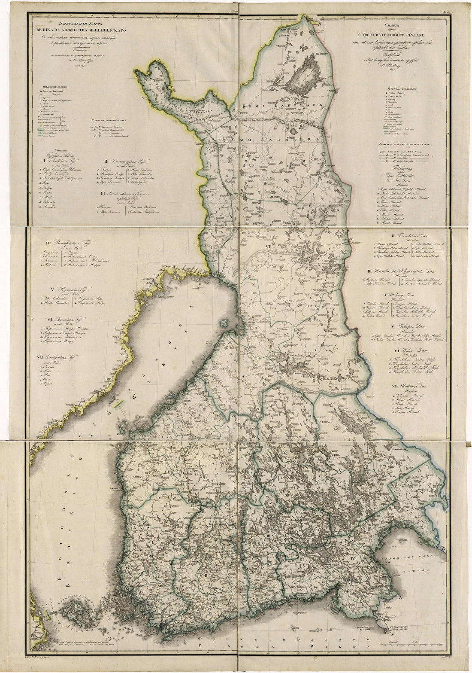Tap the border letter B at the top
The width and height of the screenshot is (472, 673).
click(x=319, y=24)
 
